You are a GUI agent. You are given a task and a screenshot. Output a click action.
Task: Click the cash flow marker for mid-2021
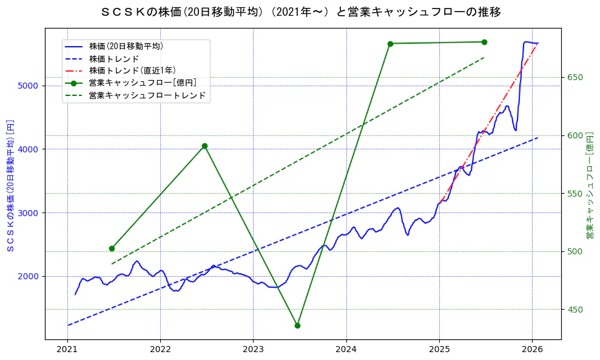point(112,248)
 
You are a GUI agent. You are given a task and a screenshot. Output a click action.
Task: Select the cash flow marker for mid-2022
point(204,146)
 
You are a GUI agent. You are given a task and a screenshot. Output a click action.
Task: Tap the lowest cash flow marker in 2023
point(297,325)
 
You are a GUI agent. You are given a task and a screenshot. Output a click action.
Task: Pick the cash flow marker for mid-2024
point(390,44)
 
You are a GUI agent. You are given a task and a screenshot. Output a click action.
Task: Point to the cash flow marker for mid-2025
point(484,42)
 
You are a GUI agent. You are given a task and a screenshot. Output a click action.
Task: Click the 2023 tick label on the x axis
point(253,350)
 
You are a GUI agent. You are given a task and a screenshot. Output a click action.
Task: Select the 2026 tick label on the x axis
point(532,350)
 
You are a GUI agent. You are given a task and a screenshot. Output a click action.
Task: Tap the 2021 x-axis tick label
point(67,350)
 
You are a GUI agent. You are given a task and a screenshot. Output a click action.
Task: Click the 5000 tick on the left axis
point(29,86)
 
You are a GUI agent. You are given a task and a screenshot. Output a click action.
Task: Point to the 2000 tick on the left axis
point(29,276)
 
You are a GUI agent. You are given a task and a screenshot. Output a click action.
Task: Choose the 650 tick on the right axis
point(575,78)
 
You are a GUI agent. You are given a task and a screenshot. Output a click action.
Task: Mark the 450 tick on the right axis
point(575,310)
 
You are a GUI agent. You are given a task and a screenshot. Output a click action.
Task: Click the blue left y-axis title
point(10,185)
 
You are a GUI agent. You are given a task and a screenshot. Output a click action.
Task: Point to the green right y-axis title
point(589,185)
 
